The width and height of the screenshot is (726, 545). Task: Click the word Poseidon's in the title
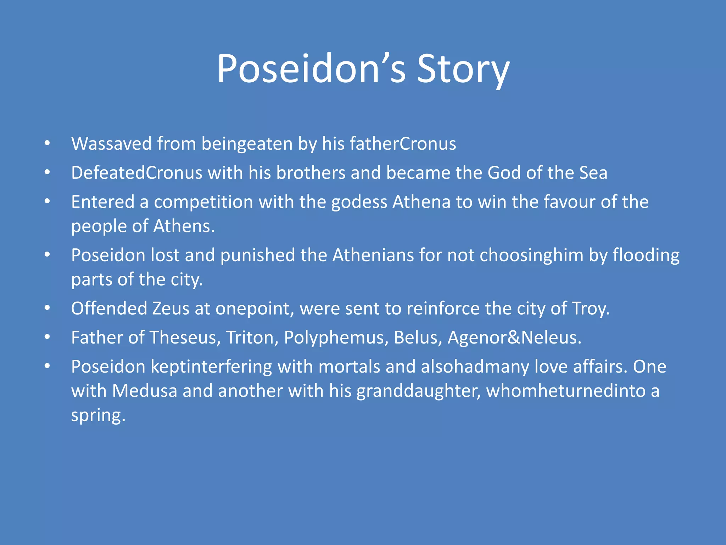click(x=311, y=69)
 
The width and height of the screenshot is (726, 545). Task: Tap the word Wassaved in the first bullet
click(x=111, y=144)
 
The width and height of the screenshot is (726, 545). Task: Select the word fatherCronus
click(x=403, y=144)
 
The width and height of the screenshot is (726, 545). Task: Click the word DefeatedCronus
click(x=136, y=173)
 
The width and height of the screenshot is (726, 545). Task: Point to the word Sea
click(x=593, y=173)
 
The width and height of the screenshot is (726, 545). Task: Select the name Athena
click(x=421, y=202)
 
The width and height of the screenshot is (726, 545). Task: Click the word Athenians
click(x=373, y=255)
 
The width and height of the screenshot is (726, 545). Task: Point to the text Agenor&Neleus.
click(x=514, y=337)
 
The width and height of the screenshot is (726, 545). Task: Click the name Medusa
click(x=144, y=391)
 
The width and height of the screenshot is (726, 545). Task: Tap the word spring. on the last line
click(x=98, y=415)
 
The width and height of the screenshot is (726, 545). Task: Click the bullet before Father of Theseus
click(x=47, y=337)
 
